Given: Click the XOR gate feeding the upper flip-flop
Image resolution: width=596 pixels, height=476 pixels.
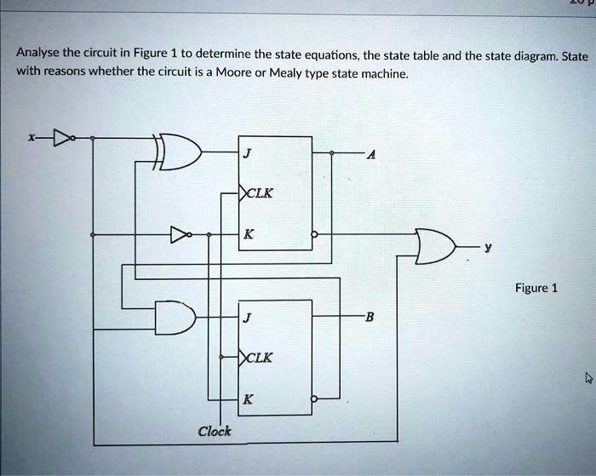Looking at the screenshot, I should [177, 153].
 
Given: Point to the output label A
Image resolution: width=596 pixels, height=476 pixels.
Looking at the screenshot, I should [368, 154].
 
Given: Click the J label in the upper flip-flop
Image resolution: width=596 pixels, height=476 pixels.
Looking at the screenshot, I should [246, 154].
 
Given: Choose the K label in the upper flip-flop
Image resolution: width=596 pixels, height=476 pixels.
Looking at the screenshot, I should [247, 234].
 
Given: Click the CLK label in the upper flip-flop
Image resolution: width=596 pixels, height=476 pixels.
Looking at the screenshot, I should [259, 192].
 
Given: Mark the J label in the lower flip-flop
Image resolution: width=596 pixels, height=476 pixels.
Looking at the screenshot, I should [246, 319].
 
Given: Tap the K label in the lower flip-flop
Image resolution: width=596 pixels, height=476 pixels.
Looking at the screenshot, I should [247, 399].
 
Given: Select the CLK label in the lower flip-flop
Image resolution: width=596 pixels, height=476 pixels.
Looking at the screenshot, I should [259, 358].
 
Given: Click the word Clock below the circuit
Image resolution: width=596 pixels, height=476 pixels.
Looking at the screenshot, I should [214, 432].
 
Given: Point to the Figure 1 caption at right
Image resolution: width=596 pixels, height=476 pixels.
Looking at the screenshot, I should [536, 288].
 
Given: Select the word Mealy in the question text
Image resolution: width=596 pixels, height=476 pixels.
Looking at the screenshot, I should [288, 73].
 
